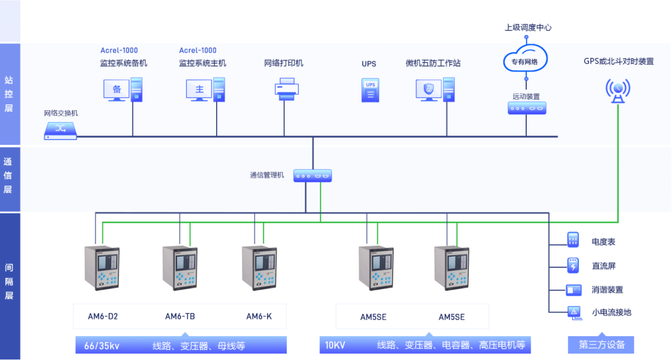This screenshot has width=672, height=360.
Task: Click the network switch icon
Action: [x=60, y=130]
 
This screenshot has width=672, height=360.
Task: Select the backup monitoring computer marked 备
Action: [x=122, y=89]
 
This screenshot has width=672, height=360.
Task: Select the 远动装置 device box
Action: [x=526, y=108]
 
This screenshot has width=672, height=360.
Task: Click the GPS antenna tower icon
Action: [x=618, y=91]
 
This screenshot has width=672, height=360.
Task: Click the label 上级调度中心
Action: [x=528, y=28]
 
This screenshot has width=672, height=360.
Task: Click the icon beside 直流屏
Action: [x=573, y=265]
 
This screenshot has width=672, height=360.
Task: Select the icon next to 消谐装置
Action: [x=573, y=289]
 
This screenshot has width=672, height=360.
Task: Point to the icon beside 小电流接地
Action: [x=573, y=312]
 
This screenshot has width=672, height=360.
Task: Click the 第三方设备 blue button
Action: [x=601, y=345]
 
